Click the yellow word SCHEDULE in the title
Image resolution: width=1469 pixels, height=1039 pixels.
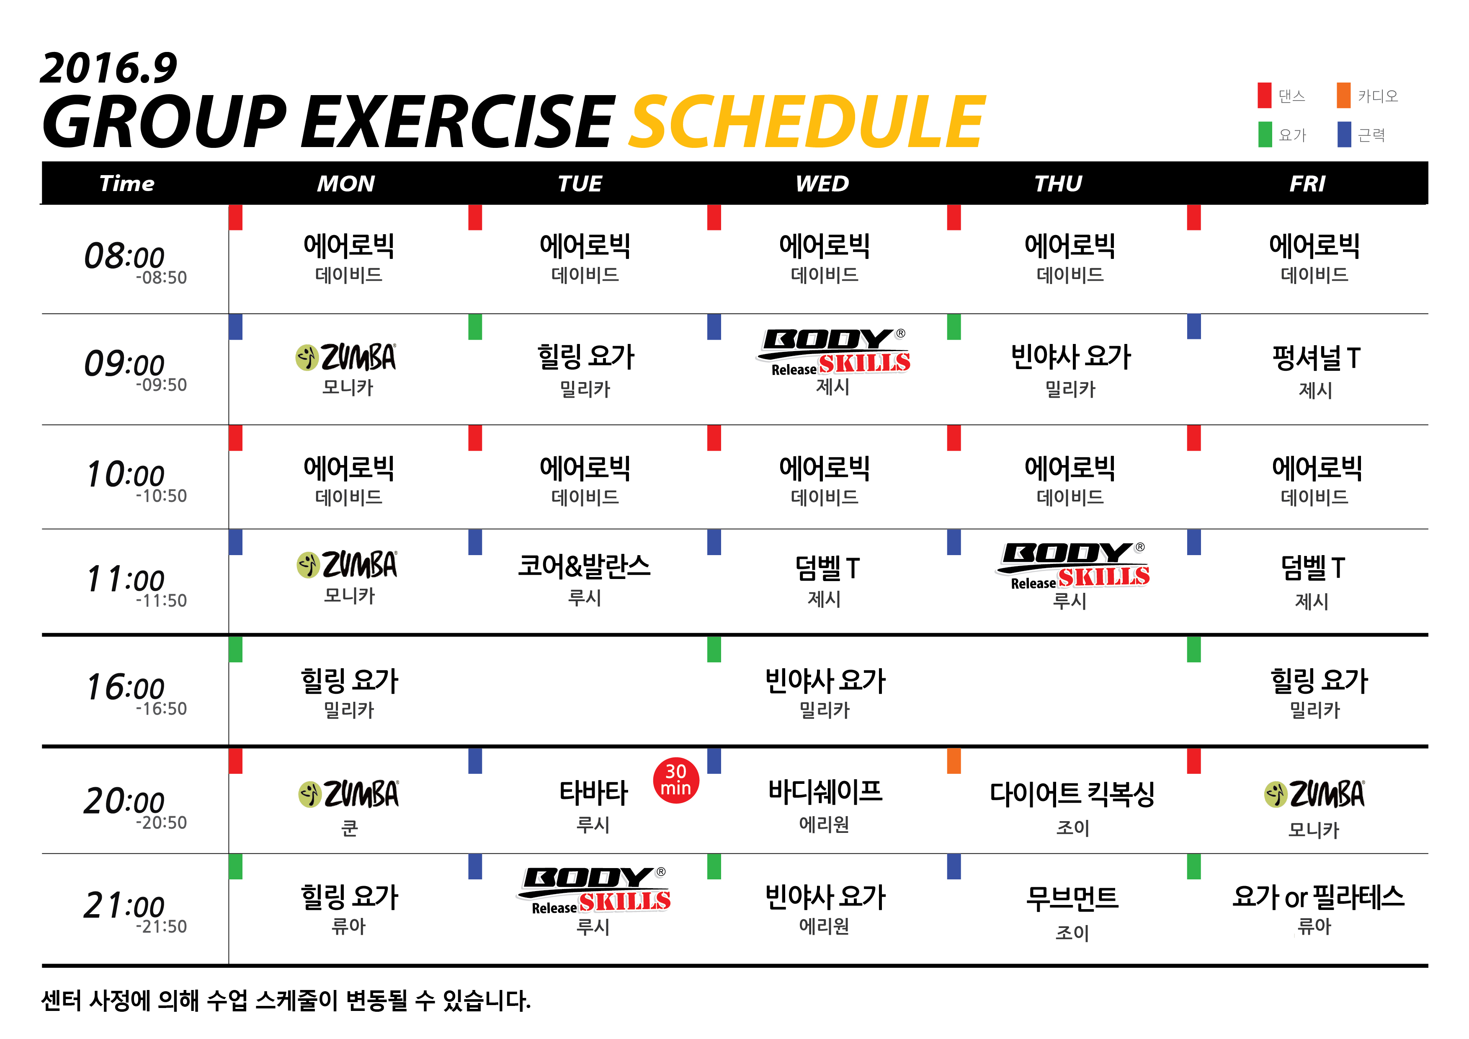[807, 121]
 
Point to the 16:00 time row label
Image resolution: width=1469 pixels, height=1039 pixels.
[136, 693]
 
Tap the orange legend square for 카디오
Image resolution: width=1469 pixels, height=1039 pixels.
[1344, 96]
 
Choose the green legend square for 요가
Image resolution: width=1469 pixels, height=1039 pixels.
[1265, 134]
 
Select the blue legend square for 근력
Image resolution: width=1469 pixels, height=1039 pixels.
[1344, 134]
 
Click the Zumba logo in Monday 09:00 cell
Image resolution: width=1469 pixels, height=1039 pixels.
[346, 357]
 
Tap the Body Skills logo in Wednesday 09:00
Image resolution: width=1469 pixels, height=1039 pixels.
[833, 352]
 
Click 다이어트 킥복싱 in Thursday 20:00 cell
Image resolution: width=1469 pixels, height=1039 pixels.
[1072, 794]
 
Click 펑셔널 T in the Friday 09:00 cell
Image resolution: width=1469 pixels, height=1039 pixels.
[1316, 358]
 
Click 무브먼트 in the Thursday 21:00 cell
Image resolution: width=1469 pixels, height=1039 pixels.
[1072, 898]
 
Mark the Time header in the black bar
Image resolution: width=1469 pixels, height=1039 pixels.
[127, 184]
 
